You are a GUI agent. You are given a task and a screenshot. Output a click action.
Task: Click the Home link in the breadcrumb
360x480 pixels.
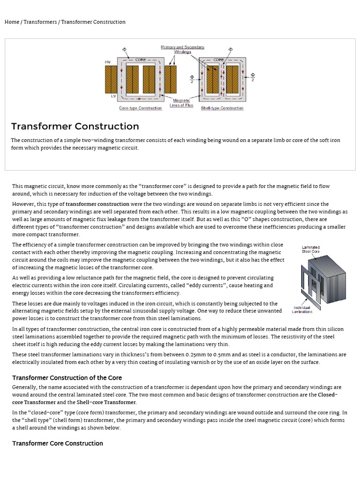(x=12, y=22)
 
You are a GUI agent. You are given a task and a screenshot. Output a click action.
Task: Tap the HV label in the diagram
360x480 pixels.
(x=107, y=62)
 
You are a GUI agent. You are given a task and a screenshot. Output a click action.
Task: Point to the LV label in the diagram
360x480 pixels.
(x=113, y=96)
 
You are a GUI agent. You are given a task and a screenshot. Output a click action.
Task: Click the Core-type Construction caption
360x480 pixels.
(x=141, y=108)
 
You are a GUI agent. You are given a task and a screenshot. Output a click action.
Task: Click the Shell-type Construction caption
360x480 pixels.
(x=222, y=108)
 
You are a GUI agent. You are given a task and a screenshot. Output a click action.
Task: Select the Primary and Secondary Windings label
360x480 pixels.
(x=182, y=49)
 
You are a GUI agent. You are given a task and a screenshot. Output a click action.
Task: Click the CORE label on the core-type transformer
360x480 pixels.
(x=141, y=60)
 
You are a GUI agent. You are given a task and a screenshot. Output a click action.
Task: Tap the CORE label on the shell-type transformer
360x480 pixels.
(x=219, y=60)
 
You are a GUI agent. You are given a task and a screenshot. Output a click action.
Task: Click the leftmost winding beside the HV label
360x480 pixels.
(x=111, y=79)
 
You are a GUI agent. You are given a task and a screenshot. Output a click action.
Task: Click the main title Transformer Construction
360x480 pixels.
(x=75, y=126)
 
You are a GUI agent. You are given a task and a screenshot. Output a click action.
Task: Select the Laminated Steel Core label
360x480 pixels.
(x=311, y=249)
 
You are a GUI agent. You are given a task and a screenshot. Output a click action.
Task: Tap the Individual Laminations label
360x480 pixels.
(x=302, y=309)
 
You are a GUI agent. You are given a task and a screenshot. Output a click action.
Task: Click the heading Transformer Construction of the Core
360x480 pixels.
(x=67, y=377)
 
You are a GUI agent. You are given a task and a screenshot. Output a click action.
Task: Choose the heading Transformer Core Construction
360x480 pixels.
(x=58, y=443)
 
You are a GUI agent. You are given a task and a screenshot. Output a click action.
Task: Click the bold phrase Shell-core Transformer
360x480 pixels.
(x=106, y=402)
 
